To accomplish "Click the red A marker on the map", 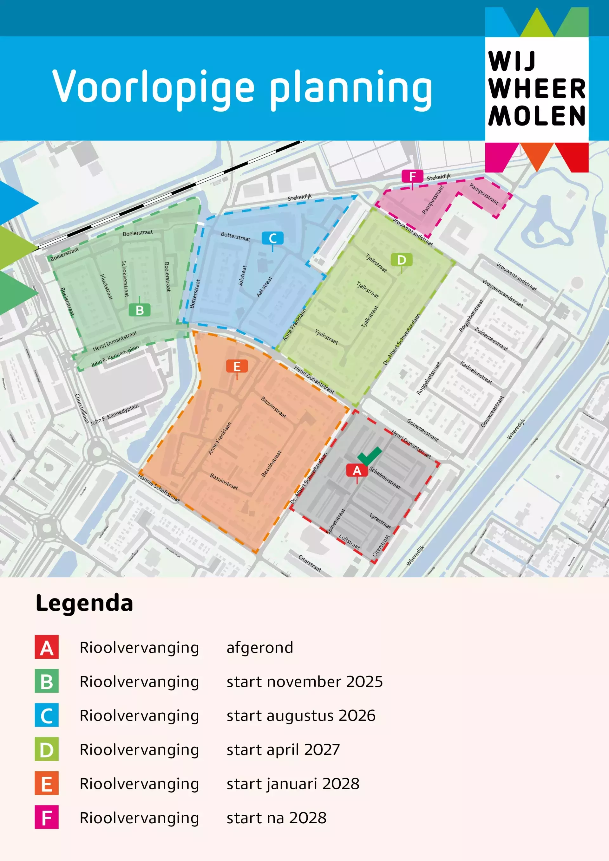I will (357, 471).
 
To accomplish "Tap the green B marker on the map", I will (140, 310).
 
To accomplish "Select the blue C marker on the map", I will (272, 238).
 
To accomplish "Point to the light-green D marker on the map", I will (402, 260).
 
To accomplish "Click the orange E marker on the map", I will (237, 366).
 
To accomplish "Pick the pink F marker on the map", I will (412, 176).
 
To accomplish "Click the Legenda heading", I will (84, 603).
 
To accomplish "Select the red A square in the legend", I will (47, 647).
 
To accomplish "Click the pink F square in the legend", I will (47, 818).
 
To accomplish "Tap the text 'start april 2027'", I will (283, 750).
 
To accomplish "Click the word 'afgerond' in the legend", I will (260, 648).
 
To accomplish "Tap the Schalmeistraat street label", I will (385, 478).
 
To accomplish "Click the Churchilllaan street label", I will (82, 408).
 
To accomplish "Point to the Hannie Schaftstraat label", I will (159, 488).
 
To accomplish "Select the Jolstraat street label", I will (242, 275).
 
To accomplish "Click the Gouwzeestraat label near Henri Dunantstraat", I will (422, 430).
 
